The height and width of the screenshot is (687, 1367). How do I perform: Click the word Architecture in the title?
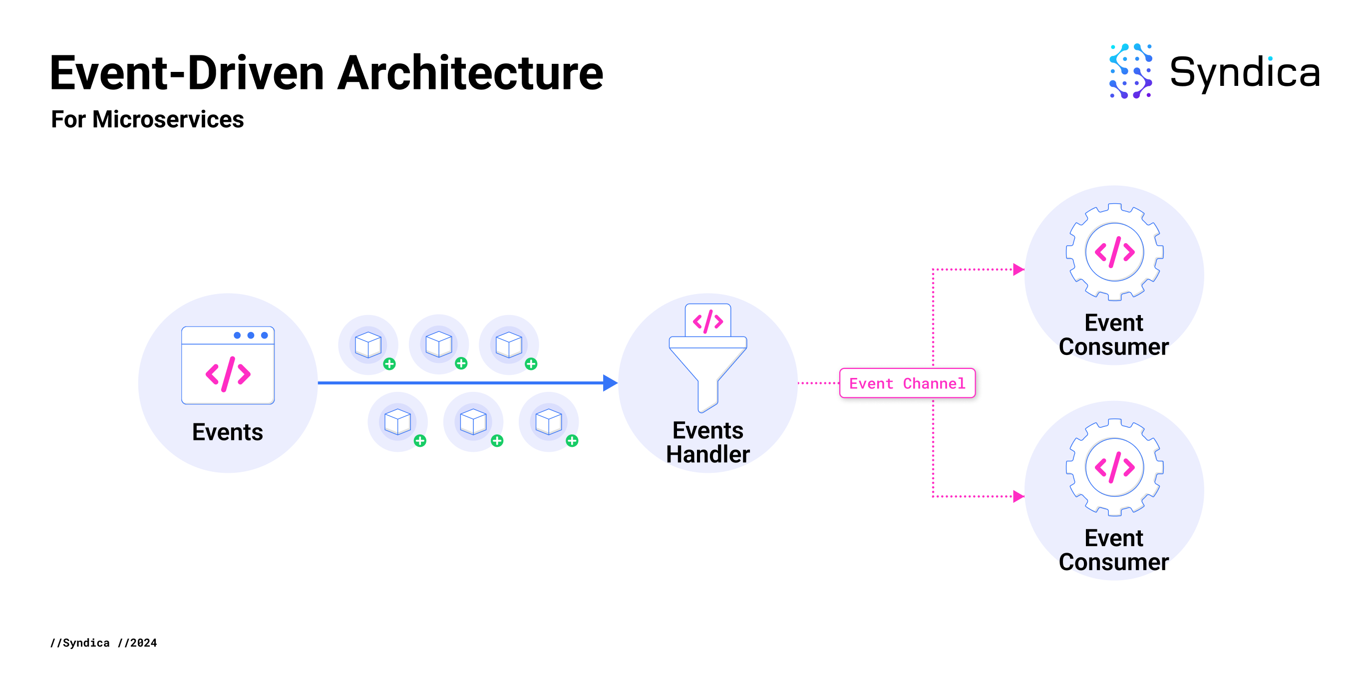[x=470, y=73]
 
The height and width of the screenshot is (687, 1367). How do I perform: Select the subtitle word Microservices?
[x=168, y=119]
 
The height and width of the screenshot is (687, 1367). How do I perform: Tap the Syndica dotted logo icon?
[x=1131, y=71]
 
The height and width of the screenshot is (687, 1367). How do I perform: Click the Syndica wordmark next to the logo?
[x=1244, y=73]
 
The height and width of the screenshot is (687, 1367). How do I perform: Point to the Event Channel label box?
[x=907, y=383]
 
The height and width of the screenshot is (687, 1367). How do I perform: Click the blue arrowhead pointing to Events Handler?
[x=610, y=382]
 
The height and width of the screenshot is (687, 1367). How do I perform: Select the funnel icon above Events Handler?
[x=708, y=358]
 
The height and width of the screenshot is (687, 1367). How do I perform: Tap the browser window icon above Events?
[x=228, y=365]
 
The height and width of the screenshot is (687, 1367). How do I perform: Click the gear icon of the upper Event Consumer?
[x=1114, y=252]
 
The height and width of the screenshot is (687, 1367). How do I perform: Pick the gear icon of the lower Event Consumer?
[x=1114, y=467]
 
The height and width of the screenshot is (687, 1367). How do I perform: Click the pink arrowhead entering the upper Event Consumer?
[x=1019, y=270]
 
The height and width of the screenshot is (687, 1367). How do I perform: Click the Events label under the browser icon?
[x=228, y=432]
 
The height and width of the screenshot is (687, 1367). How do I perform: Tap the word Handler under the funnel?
[x=708, y=455]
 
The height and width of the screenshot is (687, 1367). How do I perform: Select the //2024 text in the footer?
[x=137, y=643]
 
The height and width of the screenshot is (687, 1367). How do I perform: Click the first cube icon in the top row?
[x=368, y=345]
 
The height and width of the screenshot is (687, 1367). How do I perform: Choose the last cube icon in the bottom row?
[x=549, y=422]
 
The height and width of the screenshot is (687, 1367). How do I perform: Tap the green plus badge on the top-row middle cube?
[x=461, y=363]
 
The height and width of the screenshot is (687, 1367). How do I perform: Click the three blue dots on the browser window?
[x=251, y=336]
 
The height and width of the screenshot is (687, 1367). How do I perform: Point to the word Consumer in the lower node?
[x=1114, y=562]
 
